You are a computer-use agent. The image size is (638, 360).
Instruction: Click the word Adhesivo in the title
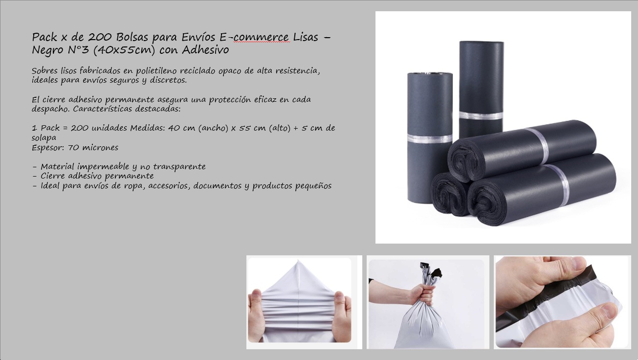[205, 50]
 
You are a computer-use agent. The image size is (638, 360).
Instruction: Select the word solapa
[44, 138]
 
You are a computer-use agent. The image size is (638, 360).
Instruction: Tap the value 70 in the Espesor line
[73, 148]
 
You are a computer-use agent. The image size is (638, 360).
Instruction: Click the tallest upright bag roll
[481, 89]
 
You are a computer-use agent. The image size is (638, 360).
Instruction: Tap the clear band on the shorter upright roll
[430, 138]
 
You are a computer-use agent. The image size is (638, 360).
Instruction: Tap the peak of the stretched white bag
[298, 261]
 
